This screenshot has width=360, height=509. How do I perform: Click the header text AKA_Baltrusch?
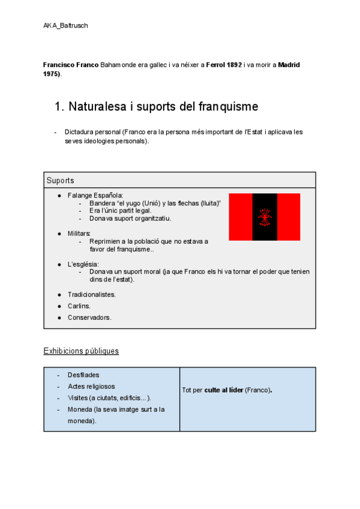click(65, 26)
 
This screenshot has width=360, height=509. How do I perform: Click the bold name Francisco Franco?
click(71, 64)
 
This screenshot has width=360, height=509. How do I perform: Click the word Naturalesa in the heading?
click(97, 107)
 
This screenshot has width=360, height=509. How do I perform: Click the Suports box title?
click(60, 180)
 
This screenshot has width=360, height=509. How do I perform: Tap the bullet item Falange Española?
click(95, 195)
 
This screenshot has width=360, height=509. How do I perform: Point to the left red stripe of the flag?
click(240, 217)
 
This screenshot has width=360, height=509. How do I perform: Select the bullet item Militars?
click(79, 233)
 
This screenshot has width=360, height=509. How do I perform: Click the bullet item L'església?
click(83, 264)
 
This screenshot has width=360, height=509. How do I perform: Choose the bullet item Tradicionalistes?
click(91, 295)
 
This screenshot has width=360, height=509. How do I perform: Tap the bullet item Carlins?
click(79, 306)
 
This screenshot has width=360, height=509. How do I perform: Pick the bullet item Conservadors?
click(89, 318)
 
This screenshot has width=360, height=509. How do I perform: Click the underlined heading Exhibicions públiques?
click(81, 351)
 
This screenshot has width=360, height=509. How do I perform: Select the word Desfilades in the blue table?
click(83, 375)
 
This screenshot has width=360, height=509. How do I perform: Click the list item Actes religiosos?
click(91, 387)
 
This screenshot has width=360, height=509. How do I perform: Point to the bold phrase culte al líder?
click(224, 390)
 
